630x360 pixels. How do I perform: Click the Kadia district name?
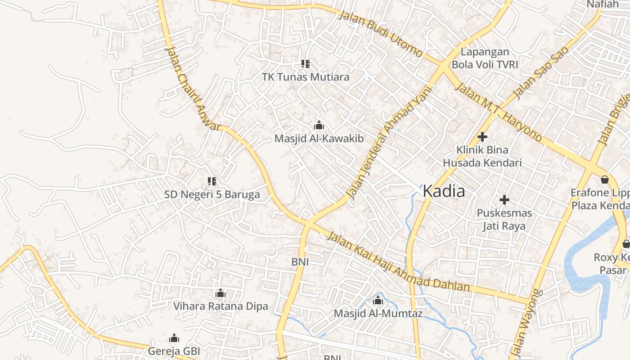point(444,191)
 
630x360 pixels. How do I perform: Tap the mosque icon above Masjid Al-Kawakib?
point(319,125)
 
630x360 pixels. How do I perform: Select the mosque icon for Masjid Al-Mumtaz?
point(378,300)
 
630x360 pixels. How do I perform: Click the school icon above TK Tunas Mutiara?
point(306,64)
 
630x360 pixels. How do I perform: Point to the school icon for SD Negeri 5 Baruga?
point(211,181)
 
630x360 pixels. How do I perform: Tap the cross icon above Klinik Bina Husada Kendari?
point(482,136)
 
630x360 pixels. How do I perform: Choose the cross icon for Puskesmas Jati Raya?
point(504,199)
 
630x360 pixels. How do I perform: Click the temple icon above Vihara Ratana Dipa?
point(220,293)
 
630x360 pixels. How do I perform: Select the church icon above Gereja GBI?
point(174,338)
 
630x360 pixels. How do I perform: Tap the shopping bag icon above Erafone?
point(605,180)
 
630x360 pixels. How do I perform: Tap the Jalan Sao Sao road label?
point(540,72)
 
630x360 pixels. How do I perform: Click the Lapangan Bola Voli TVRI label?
point(485,58)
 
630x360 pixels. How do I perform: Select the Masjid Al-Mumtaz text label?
point(378,313)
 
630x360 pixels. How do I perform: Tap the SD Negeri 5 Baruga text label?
point(212,195)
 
